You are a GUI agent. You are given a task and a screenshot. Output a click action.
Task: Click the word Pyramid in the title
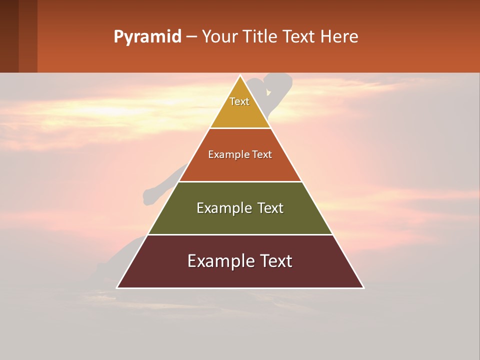click(147, 37)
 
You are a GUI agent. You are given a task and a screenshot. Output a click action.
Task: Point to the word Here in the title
click(339, 36)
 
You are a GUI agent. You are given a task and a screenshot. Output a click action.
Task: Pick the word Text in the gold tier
click(239, 101)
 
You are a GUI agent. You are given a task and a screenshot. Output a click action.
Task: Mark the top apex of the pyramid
click(240, 76)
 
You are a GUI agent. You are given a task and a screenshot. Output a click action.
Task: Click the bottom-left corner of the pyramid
click(117, 287)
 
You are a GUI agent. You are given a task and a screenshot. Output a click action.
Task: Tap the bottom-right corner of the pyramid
click(363, 287)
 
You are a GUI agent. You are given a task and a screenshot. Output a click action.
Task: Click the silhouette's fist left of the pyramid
click(149, 196)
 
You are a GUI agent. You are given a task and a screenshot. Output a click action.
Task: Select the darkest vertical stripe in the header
click(9, 36)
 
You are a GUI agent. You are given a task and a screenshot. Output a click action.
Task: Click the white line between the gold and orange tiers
click(240, 128)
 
